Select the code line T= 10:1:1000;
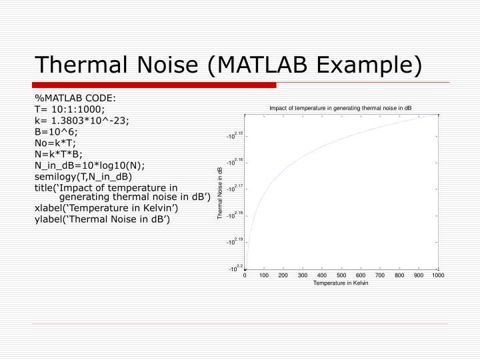70,109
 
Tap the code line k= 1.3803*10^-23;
82,121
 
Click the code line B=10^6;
57,131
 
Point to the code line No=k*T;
56,143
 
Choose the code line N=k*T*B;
59,153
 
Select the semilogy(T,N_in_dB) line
83,176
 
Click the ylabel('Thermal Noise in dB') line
102,219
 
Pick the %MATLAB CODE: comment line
75,99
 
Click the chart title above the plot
341,108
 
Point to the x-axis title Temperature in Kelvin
341,283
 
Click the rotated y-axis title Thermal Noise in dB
221,194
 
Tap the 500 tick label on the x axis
341,275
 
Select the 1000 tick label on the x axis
437,275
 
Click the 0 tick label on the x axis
245,275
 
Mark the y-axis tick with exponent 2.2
235,268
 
